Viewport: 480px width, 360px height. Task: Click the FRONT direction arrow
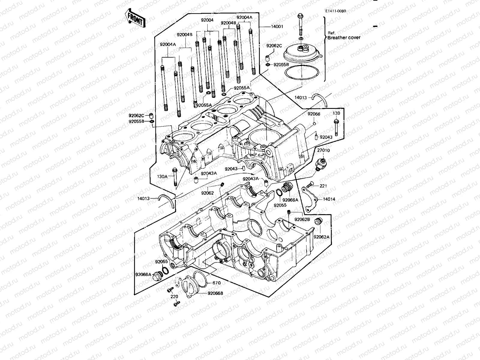pos(136,18)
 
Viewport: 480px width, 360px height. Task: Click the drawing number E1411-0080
pos(335,11)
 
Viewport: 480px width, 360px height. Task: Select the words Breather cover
pos(344,38)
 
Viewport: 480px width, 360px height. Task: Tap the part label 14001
pos(277,27)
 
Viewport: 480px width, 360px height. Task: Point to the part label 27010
pos(323,150)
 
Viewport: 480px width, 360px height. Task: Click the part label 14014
pos(329,199)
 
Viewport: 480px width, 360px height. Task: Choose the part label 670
pos(217,283)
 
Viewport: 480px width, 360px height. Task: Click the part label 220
pos(174,297)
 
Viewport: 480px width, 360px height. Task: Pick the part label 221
pos(323,186)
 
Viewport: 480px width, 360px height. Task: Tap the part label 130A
pos(162,177)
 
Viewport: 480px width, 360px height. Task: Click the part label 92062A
pos(322,237)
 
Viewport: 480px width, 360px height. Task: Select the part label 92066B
pos(215,293)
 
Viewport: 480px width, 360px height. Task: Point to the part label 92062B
pos(301,220)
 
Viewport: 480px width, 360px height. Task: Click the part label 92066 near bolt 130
pos(314,114)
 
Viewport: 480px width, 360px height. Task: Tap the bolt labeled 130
pos(336,127)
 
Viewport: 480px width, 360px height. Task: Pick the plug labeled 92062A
pos(318,222)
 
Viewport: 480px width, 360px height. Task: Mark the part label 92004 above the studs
pos(207,20)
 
